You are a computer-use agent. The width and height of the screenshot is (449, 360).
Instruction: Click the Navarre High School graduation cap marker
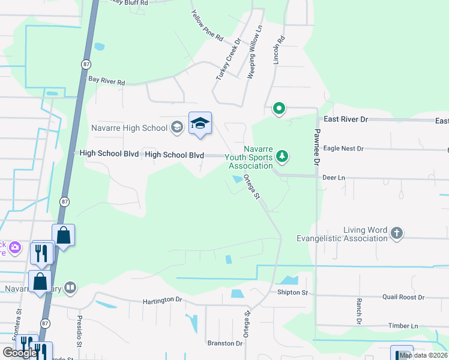[x=200, y=124]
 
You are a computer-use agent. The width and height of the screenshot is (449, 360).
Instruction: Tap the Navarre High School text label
[x=129, y=128]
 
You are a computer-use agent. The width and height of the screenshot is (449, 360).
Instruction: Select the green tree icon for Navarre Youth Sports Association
[x=282, y=157]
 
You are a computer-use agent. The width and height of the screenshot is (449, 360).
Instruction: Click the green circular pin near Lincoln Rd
[x=279, y=109]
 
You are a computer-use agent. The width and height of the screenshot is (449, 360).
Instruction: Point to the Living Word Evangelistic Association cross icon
[x=396, y=233]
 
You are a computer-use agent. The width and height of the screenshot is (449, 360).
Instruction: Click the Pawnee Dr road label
[x=317, y=147]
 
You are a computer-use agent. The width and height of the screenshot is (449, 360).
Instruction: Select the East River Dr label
[x=345, y=119]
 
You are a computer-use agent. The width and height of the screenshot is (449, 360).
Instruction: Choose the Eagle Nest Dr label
[x=343, y=148]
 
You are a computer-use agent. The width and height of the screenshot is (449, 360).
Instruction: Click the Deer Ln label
[x=334, y=178]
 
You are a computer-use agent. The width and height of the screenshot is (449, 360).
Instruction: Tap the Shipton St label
[x=292, y=293]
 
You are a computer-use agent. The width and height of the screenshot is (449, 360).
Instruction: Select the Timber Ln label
[x=403, y=326]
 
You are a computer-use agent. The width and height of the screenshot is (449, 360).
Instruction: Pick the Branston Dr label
[x=224, y=343]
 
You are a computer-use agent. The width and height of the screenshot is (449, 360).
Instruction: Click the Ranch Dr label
[x=358, y=311]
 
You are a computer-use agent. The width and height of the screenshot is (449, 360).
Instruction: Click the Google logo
[x=20, y=353]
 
